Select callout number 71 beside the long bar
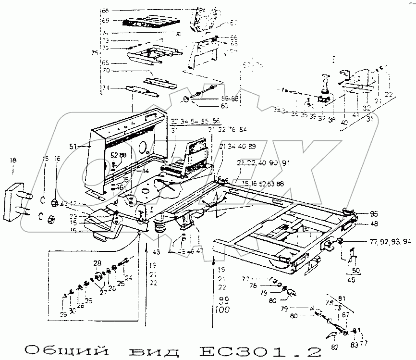105,88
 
